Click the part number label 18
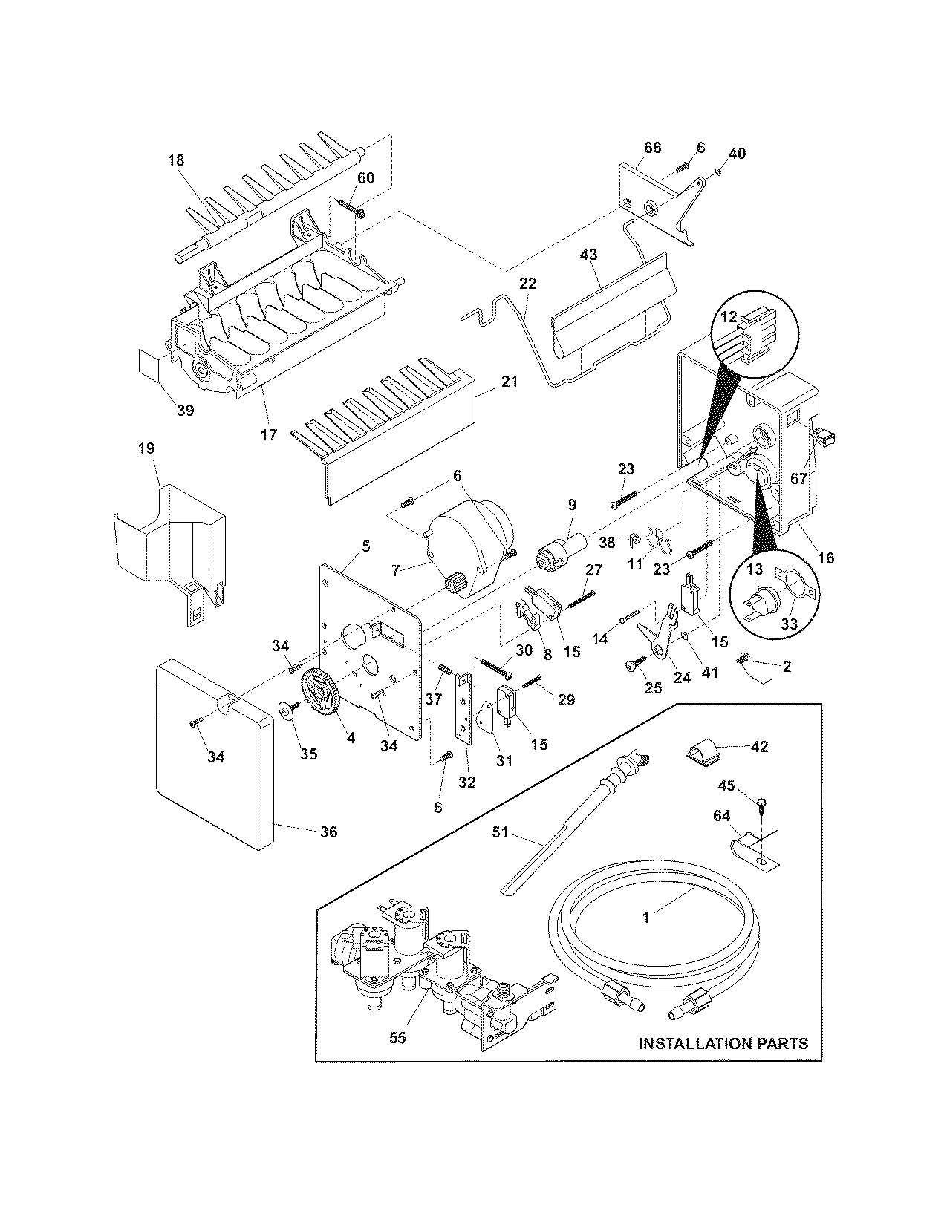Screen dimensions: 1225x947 pos(176,160)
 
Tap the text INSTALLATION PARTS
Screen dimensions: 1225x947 pos(723,1043)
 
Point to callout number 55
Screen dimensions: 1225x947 pos(398,1038)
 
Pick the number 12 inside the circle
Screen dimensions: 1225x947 pos(729,317)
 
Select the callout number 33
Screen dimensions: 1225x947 pos(789,624)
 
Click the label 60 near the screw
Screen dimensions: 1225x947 pos(366,177)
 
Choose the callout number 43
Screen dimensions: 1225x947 pos(588,255)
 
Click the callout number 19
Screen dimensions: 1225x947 pos(146,448)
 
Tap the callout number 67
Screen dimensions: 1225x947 pos(798,479)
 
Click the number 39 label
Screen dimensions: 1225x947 pos(185,410)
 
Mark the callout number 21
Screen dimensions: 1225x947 pos(510,382)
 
